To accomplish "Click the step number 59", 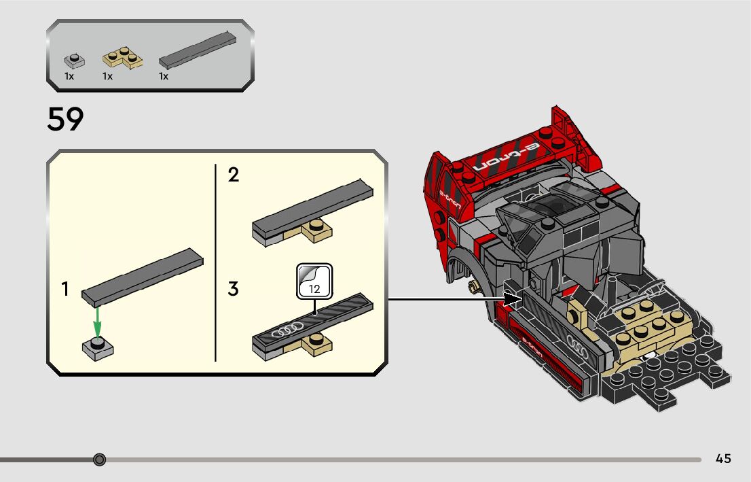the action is pyautogui.click(x=65, y=120).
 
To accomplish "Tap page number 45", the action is pyautogui.click(x=723, y=459).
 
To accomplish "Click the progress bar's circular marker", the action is pyautogui.click(x=100, y=460).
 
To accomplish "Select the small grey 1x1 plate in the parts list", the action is pyautogui.click(x=73, y=61).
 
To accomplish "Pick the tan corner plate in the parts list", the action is pyautogui.click(x=123, y=58).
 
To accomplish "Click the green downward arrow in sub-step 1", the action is pyautogui.click(x=98, y=321).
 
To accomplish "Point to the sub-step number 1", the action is pyautogui.click(x=65, y=289).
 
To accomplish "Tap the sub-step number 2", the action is pyautogui.click(x=233, y=175).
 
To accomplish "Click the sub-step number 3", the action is pyautogui.click(x=233, y=289).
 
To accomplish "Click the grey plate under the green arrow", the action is pyautogui.click(x=98, y=348).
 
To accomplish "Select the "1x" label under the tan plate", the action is pyautogui.click(x=107, y=76).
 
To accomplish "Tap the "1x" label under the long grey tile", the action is pyautogui.click(x=164, y=76).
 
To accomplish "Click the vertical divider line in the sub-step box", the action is pyautogui.click(x=215, y=262).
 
